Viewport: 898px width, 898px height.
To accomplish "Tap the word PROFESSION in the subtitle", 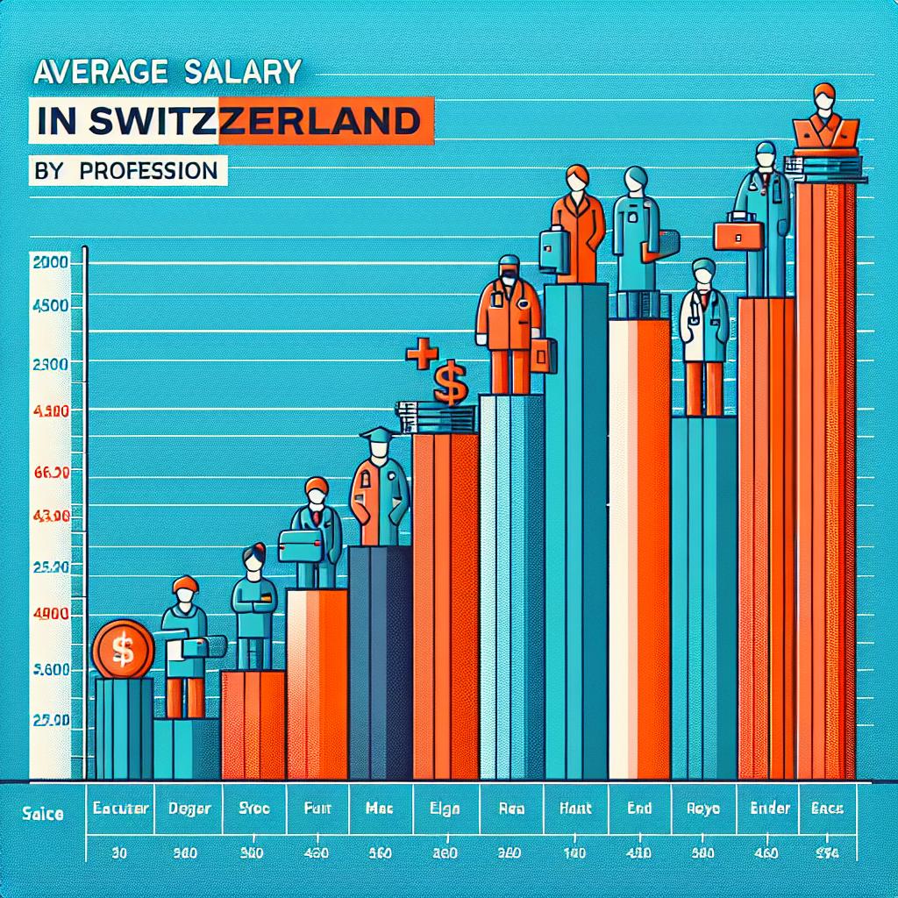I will pyautogui.click(x=148, y=169).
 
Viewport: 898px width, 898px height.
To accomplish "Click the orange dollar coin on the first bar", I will pyautogui.click(x=123, y=649).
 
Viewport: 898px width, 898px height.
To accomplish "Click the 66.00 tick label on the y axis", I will pyautogui.click(x=50, y=473).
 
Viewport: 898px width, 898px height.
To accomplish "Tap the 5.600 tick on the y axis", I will pyautogui.click(x=50, y=669).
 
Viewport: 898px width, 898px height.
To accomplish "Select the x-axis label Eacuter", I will pyautogui.click(x=121, y=809).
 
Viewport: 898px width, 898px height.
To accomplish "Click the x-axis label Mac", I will pyautogui.click(x=379, y=809).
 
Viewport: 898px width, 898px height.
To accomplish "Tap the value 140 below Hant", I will pyautogui.click(x=574, y=852).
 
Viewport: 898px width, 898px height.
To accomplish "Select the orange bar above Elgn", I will pyautogui.click(x=445, y=605).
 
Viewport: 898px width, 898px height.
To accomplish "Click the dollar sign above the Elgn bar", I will pyautogui.click(x=450, y=384).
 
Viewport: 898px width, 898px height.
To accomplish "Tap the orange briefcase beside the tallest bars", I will pyautogui.click(x=739, y=232).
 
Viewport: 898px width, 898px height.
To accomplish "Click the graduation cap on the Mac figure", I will pyautogui.click(x=377, y=436).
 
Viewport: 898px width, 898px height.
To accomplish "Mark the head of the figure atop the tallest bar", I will pyautogui.click(x=823, y=95).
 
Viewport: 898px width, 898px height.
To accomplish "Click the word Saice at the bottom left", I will pyautogui.click(x=40, y=815).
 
